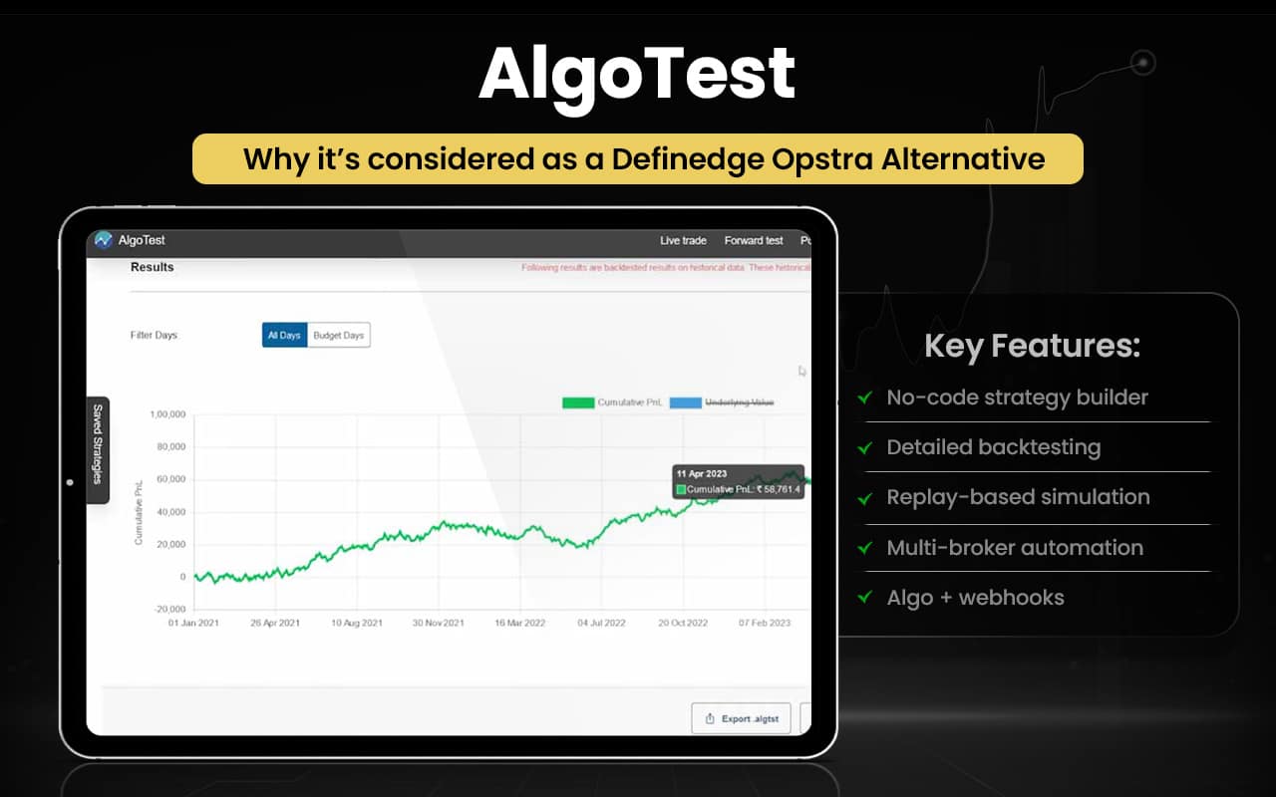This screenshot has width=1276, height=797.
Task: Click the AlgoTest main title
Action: (637, 73)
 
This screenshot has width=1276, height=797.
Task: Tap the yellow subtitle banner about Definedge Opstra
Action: (637, 159)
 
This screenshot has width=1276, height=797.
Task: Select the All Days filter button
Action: (284, 336)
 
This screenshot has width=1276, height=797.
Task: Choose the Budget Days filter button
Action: (339, 336)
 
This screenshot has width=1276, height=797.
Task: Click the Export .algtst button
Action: (741, 718)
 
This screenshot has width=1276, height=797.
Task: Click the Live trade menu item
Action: (683, 240)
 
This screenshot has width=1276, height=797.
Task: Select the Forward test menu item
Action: (753, 240)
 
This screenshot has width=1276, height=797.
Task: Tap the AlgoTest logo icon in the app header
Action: (104, 240)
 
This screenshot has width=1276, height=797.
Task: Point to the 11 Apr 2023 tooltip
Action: (738, 481)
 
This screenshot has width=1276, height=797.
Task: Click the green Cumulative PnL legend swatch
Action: (577, 402)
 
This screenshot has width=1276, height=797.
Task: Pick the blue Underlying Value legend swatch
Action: (685, 402)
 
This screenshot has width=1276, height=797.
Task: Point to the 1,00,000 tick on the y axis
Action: (166, 414)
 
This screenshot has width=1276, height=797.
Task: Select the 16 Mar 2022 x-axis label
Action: (519, 623)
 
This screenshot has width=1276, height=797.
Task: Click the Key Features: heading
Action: (1032, 346)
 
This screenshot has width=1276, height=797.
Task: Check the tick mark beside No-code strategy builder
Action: (864, 398)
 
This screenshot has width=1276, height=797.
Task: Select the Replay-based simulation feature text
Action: (1018, 497)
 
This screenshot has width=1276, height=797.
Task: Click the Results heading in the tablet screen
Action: (152, 267)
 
